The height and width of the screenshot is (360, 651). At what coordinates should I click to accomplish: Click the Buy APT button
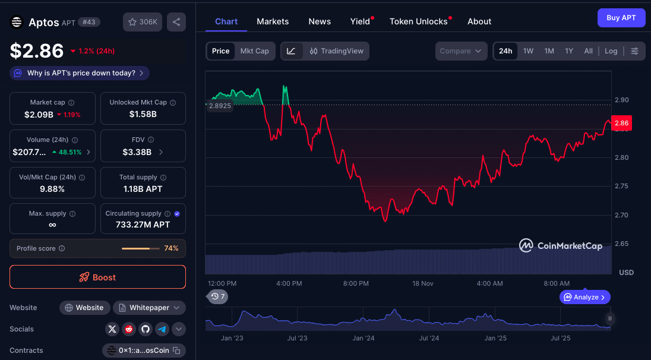tap(621, 18)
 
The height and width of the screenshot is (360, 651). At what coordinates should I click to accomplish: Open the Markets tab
tap(273, 21)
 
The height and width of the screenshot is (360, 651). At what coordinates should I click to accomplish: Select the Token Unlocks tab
tap(418, 21)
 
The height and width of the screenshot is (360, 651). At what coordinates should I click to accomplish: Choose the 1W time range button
tap(528, 51)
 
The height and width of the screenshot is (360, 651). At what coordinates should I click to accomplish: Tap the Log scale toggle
tap(611, 51)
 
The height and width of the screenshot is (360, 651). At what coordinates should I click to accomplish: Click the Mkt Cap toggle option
tap(254, 51)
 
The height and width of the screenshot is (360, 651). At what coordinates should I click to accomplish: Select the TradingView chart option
tap(337, 51)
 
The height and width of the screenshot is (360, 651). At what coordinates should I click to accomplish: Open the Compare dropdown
tap(461, 51)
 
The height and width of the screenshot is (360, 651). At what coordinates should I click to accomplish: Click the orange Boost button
tap(97, 277)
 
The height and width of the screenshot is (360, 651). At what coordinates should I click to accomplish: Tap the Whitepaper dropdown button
tap(149, 308)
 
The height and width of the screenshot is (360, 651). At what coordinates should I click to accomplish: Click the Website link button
tap(84, 308)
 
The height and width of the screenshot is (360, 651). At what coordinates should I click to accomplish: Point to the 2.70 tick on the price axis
tap(621, 215)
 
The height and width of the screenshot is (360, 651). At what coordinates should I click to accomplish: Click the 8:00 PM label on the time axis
tap(356, 283)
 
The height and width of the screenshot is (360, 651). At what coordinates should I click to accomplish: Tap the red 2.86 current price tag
tap(621, 123)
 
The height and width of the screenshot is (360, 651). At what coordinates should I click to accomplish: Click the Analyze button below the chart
tap(584, 297)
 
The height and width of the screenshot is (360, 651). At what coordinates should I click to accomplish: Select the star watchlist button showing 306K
tap(143, 22)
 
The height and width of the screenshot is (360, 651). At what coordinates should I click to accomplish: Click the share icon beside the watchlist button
tap(176, 22)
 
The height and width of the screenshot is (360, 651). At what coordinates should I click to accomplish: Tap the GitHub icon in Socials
tap(146, 329)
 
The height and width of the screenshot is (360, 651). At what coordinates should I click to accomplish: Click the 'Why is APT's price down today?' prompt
tap(80, 73)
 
